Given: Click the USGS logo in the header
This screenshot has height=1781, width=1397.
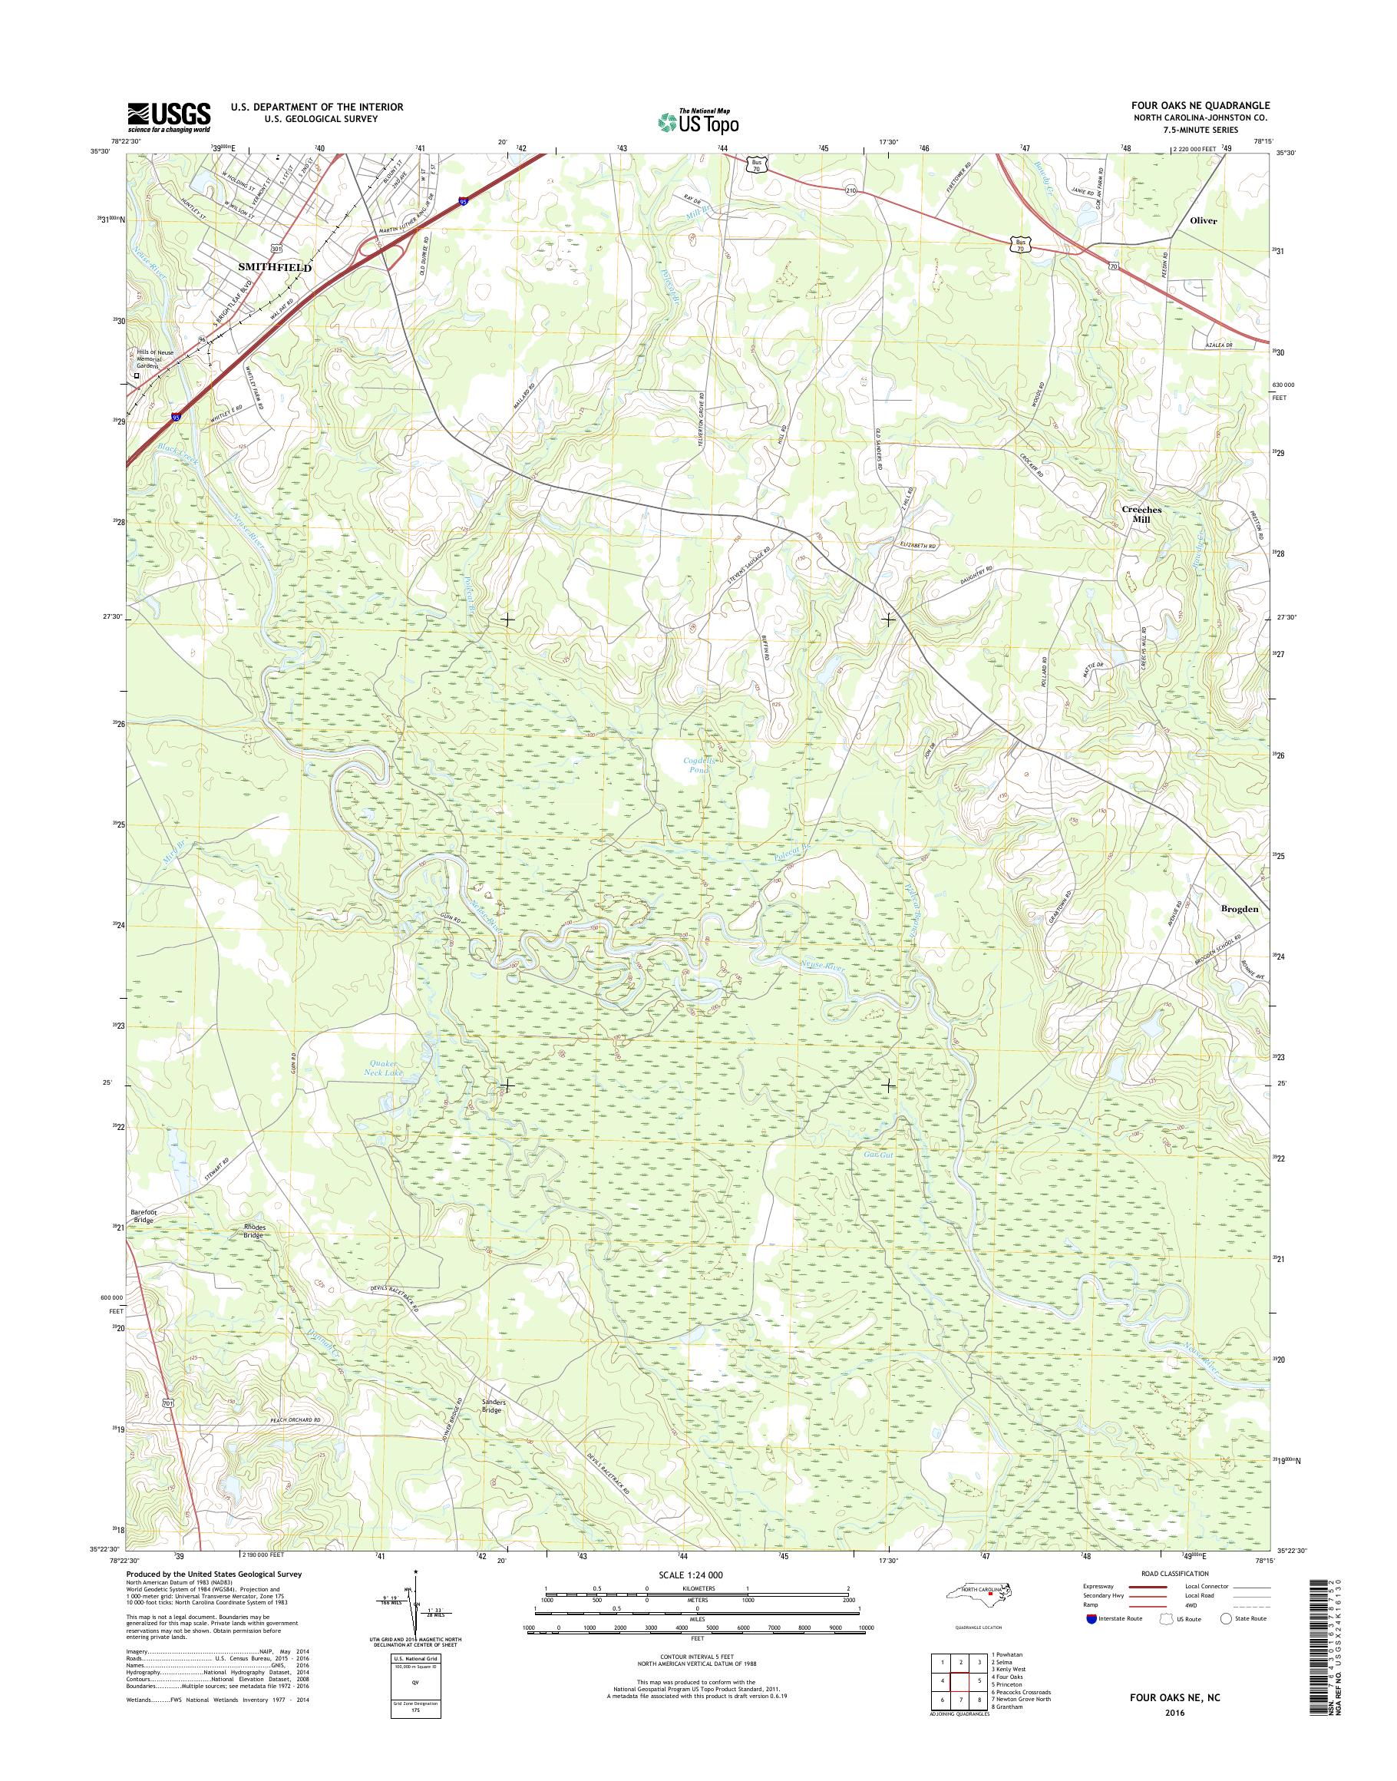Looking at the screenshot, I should pos(169,117).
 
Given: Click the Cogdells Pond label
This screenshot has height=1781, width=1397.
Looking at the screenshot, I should pos(701,764).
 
